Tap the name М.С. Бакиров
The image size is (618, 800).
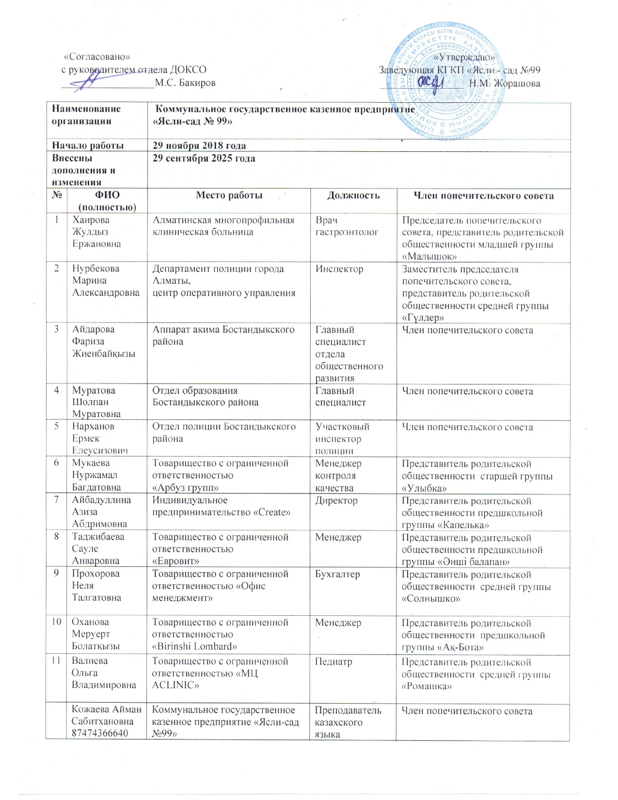point(185,83)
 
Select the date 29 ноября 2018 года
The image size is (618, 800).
point(199,145)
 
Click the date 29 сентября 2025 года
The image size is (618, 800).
point(204,159)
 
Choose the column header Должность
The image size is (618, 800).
point(353,195)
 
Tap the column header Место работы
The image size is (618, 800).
point(229,195)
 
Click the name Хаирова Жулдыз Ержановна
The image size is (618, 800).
point(96,232)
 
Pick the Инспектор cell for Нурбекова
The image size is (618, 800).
point(339,269)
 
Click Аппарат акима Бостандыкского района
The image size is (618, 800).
point(223,336)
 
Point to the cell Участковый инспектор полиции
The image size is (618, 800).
point(342,439)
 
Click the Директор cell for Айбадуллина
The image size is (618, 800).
point(336,500)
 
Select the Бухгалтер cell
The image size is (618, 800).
point(337,574)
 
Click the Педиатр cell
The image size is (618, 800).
point(333,661)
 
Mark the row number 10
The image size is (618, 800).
point(57,622)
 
